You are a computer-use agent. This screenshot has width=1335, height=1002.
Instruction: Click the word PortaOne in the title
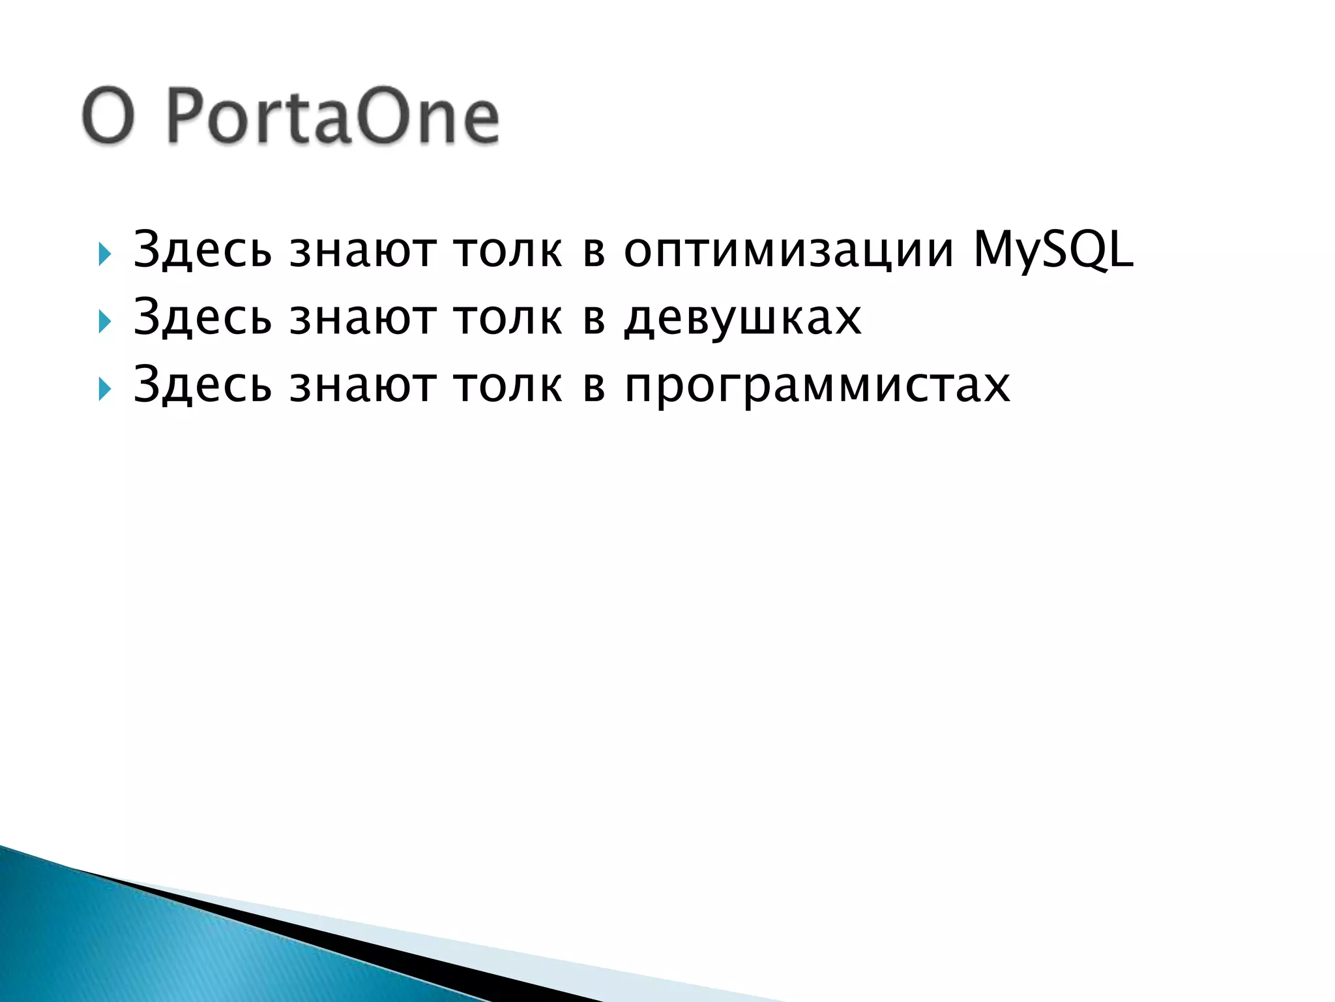[332, 117]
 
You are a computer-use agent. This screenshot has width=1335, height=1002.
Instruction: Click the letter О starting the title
[109, 117]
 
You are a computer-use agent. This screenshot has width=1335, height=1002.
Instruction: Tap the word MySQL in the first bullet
[1052, 250]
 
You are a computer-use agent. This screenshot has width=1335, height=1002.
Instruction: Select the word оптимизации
[789, 250]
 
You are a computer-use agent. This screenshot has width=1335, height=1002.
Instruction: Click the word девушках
[742, 318]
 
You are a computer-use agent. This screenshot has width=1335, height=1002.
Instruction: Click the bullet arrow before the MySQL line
[104, 253]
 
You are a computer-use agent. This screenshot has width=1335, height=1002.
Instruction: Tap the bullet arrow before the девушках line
[104, 321]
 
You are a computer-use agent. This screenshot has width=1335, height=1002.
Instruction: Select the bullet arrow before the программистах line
[104, 389]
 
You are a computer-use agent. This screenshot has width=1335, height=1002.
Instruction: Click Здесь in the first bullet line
[202, 250]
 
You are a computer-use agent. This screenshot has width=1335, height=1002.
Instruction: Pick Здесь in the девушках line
[202, 318]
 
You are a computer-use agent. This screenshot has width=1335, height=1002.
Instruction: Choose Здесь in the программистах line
[202, 386]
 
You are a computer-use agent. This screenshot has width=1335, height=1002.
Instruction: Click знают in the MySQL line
[362, 250]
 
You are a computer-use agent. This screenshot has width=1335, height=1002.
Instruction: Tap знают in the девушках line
[362, 318]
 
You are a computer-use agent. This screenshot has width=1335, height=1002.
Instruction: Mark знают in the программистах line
[362, 386]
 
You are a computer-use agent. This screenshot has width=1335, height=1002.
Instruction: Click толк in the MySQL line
[508, 250]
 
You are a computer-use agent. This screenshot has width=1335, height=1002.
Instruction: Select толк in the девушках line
[508, 318]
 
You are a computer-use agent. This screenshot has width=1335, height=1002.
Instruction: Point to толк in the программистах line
[508, 386]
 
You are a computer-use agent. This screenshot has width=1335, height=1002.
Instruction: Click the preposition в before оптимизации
[594, 252]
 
